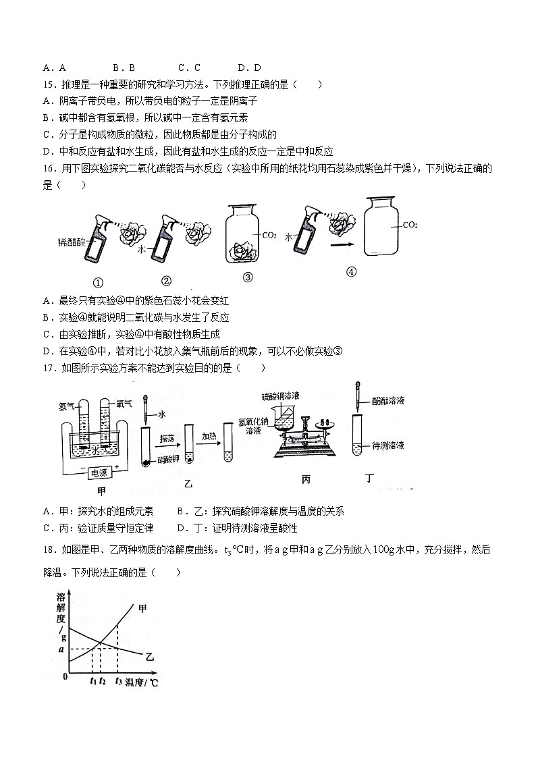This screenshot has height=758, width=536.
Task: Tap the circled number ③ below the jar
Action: pos(248,277)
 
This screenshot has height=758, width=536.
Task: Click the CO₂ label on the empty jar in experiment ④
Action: pos(410,225)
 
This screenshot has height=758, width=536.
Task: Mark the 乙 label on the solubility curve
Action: pos(149,655)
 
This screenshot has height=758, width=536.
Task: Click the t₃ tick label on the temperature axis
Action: pos(118,682)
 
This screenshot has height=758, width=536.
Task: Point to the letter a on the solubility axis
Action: pos(61,649)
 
